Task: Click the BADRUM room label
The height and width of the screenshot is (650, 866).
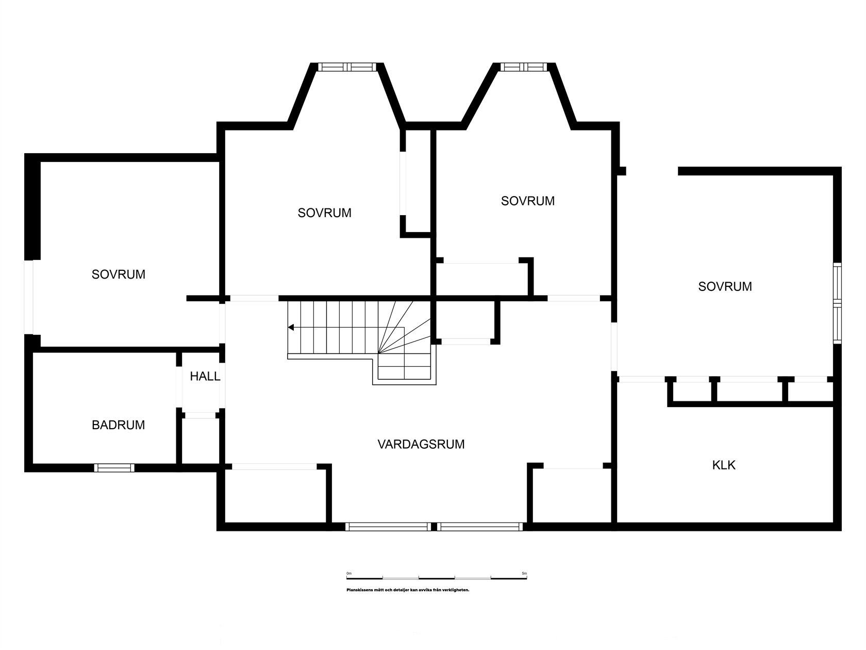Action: click(x=119, y=425)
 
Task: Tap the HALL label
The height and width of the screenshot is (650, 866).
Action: click(x=205, y=377)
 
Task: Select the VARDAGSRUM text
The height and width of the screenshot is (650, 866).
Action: click(x=421, y=444)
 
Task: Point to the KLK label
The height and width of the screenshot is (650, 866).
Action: click(x=724, y=465)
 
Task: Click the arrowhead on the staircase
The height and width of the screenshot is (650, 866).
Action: click(x=291, y=327)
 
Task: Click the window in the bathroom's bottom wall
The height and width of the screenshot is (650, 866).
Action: click(x=114, y=468)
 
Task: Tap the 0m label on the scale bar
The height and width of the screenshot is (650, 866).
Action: click(x=349, y=573)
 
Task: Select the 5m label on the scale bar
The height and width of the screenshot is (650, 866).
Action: click(x=524, y=573)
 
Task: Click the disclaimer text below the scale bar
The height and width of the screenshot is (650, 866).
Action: click(x=408, y=590)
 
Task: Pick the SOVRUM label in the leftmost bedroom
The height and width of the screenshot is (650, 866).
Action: click(x=119, y=274)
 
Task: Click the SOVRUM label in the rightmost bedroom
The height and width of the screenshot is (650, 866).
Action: click(x=725, y=286)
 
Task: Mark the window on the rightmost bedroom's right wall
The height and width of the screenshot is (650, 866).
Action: click(x=837, y=303)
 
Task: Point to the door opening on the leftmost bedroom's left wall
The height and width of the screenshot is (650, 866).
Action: click(x=29, y=297)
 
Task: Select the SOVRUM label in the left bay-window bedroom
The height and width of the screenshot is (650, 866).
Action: click(x=324, y=213)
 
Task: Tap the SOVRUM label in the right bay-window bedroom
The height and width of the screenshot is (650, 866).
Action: click(x=528, y=201)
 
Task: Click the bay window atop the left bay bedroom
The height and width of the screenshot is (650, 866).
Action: click(x=347, y=67)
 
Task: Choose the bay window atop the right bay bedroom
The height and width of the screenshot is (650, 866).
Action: click(x=524, y=67)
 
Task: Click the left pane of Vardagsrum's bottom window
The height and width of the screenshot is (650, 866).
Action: click(x=388, y=527)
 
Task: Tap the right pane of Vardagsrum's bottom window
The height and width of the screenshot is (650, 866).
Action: click(x=480, y=527)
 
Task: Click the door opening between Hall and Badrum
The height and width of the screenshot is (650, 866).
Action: click(x=179, y=387)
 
